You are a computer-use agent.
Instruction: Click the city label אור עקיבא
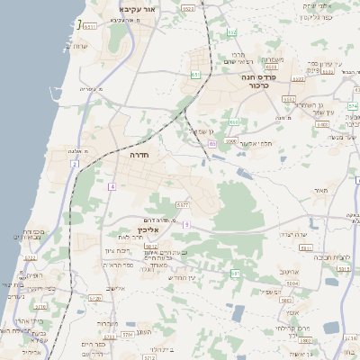(137, 8)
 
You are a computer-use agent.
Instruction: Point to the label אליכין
(158, 229)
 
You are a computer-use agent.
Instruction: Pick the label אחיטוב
(289, 271)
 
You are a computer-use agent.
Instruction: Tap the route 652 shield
(232, 33)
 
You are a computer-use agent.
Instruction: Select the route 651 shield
(195, 75)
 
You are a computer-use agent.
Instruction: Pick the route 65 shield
(212, 143)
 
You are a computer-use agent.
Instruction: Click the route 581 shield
(236, 272)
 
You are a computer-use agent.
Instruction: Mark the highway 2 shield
(75, 165)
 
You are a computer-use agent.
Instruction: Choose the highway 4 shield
(112, 186)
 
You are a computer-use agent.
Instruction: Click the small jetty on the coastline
(78, 23)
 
